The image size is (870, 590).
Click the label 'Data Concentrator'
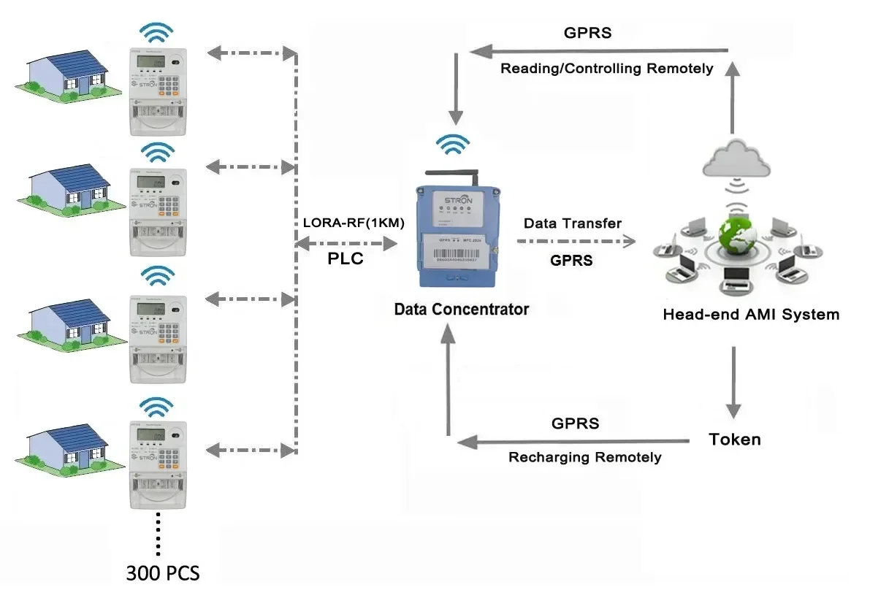(461, 309)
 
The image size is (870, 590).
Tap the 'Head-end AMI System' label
(750, 315)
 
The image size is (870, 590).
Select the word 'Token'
(734, 440)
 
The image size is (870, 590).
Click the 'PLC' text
(346, 259)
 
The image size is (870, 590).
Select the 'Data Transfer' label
(572, 223)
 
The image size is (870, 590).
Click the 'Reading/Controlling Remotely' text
(606, 69)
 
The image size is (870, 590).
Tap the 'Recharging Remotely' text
(584, 457)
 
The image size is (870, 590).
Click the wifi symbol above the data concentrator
(454, 144)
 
